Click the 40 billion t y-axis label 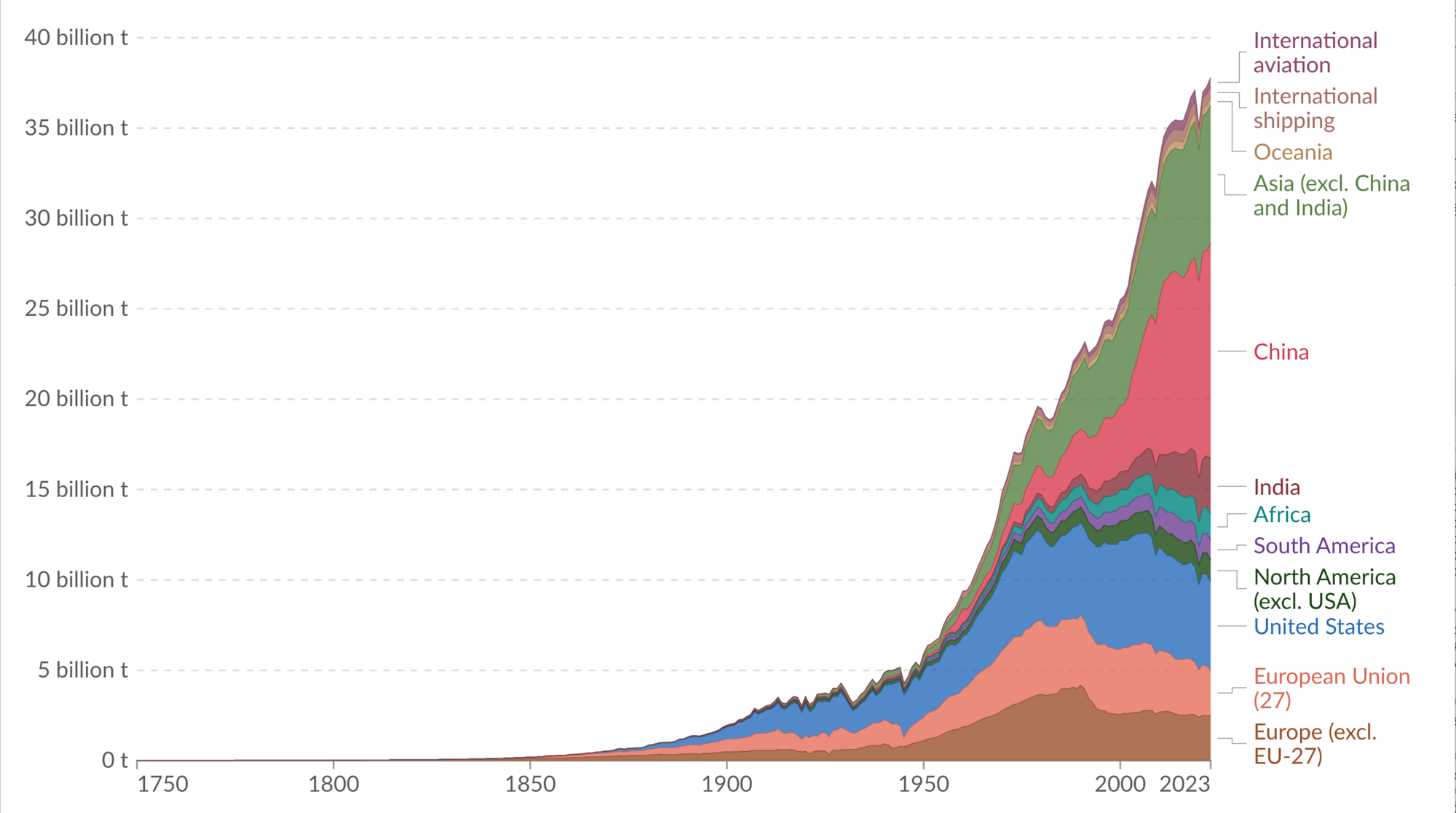76,38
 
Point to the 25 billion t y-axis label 76,309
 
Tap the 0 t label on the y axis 114,761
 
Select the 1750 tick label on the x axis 162,785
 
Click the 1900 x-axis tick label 727,785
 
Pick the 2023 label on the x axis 1184,785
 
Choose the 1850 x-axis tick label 530,785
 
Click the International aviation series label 1315,52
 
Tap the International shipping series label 1315,108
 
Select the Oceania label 1292,152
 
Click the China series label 1281,352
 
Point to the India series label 1276,487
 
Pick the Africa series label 1281,515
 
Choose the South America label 1324,546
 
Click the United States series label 1318,627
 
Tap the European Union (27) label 1331,688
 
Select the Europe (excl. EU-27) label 1315,744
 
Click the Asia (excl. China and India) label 1331,196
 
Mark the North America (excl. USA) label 1324,589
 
